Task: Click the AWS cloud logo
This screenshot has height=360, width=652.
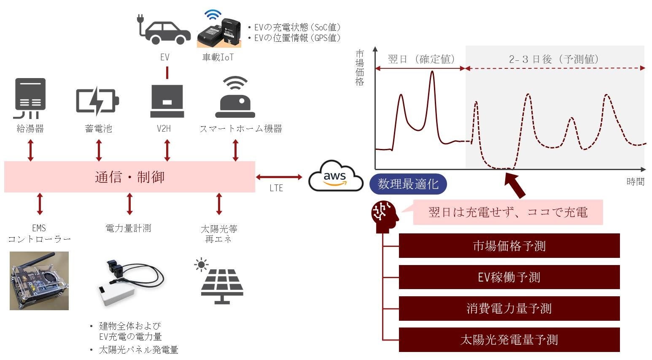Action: [x=335, y=176]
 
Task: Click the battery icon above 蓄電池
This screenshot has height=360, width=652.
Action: [x=97, y=101]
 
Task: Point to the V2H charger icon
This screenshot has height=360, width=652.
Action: [x=167, y=101]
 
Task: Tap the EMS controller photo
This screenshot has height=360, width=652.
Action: [x=39, y=281]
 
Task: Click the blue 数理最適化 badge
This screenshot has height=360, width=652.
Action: [x=408, y=184]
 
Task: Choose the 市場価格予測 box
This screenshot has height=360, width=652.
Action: [x=509, y=246]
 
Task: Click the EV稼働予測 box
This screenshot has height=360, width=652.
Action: [x=509, y=277]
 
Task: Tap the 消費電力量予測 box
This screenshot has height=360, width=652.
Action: [x=509, y=308]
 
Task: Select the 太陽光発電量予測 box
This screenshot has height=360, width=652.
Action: [x=509, y=339]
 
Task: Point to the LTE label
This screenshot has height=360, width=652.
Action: [x=276, y=188]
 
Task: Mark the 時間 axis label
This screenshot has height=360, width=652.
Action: [x=635, y=181]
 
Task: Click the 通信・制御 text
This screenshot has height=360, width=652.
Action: [x=129, y=177]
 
